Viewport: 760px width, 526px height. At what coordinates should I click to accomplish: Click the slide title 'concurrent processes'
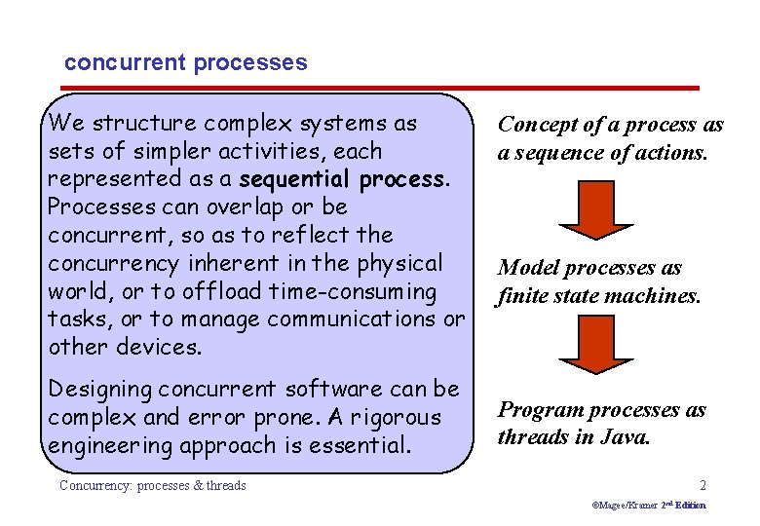(185, 63)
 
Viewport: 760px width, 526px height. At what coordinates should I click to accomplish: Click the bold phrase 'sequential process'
(343, 180)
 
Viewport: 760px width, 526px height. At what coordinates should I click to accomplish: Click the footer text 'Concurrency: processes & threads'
(153, 485)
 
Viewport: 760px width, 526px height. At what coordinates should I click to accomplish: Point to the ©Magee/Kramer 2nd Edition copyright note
(649, 506)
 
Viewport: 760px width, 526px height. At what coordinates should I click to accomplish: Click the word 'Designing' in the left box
(100, 390)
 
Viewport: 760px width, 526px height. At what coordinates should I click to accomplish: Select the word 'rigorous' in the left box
(397, 418)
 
